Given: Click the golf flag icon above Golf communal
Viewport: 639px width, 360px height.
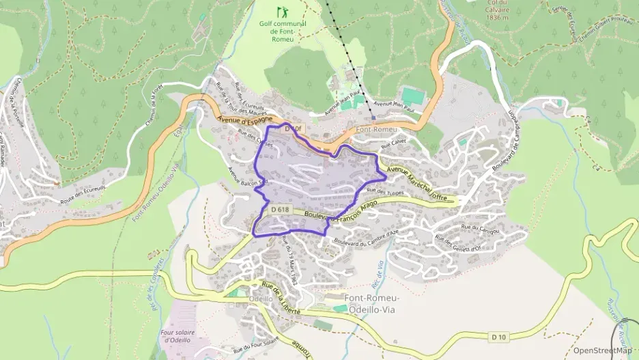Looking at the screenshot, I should pos(282,12).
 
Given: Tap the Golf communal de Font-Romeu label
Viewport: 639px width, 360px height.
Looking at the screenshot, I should pos(282,31).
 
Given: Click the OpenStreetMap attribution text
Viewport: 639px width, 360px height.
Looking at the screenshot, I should pos(602,350).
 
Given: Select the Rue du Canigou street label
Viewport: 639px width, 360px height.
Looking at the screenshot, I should pos(481,227).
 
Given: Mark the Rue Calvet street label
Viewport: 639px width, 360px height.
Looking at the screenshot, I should pos(393,144).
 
